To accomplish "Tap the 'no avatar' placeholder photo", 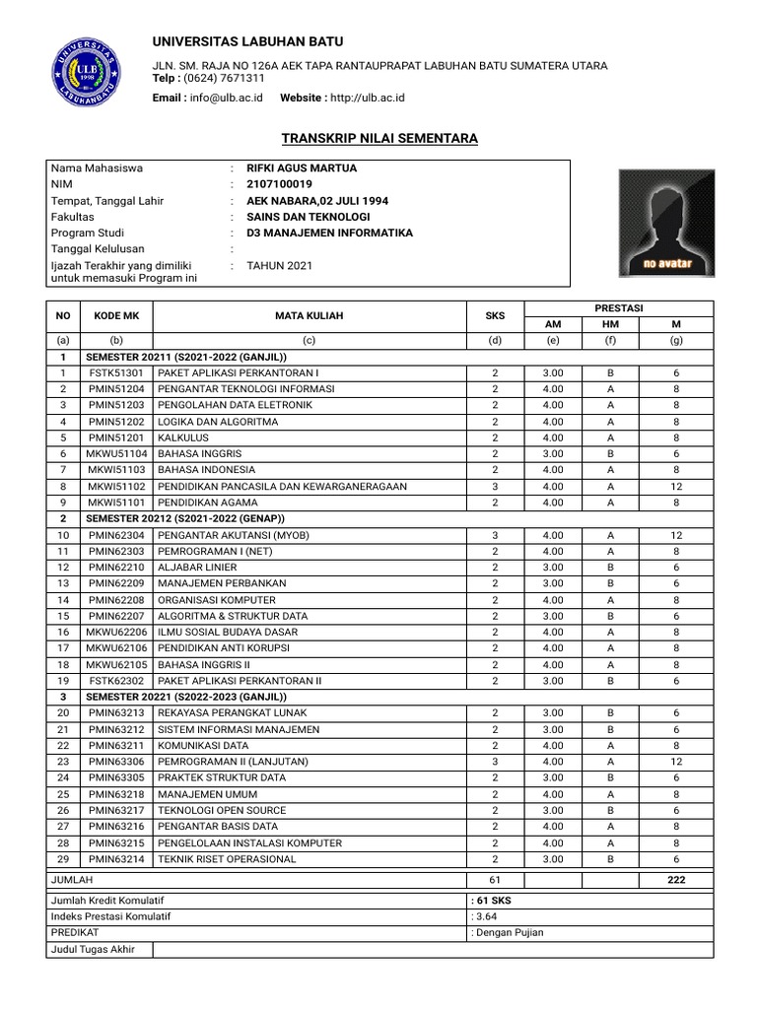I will (x=667, y=223).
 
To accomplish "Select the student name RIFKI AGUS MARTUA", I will (x=301, y=168).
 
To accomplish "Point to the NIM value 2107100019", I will (x=279, y=184).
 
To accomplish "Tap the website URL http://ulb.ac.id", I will (x=367, y=98).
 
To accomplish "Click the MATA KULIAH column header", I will (x=310, y=316).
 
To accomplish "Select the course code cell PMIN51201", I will (x=116, y=437).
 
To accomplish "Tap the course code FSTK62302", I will (x=116, y=681).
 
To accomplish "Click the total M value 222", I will (x=676, y=880).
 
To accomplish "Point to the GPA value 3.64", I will (x=486, y=916).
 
